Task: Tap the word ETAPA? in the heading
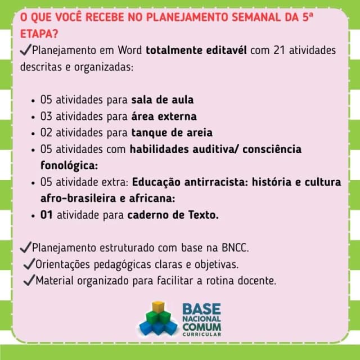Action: pos(39,34)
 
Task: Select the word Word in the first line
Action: pos(130,50)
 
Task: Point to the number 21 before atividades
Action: pos(279,50)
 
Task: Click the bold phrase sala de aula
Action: pos(163,100)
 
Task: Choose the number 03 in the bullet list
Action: pos(46,116)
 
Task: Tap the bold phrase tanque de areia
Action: pos(172,133)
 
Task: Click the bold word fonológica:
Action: pos(69,165)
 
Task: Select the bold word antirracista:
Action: pos(216,182)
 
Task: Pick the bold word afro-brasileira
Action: pos(78,199)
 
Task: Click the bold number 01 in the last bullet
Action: pos(46,215)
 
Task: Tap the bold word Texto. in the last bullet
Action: pos(204,215)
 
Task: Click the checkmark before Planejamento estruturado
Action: pos(26,247)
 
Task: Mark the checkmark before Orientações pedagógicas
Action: pos(29,264)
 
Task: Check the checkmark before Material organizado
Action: pos(29,280)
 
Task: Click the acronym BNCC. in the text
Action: pos(235,247)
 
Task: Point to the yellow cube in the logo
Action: pos(159,307)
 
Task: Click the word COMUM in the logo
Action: pos(202,326)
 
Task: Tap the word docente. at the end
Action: pos(257,281)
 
